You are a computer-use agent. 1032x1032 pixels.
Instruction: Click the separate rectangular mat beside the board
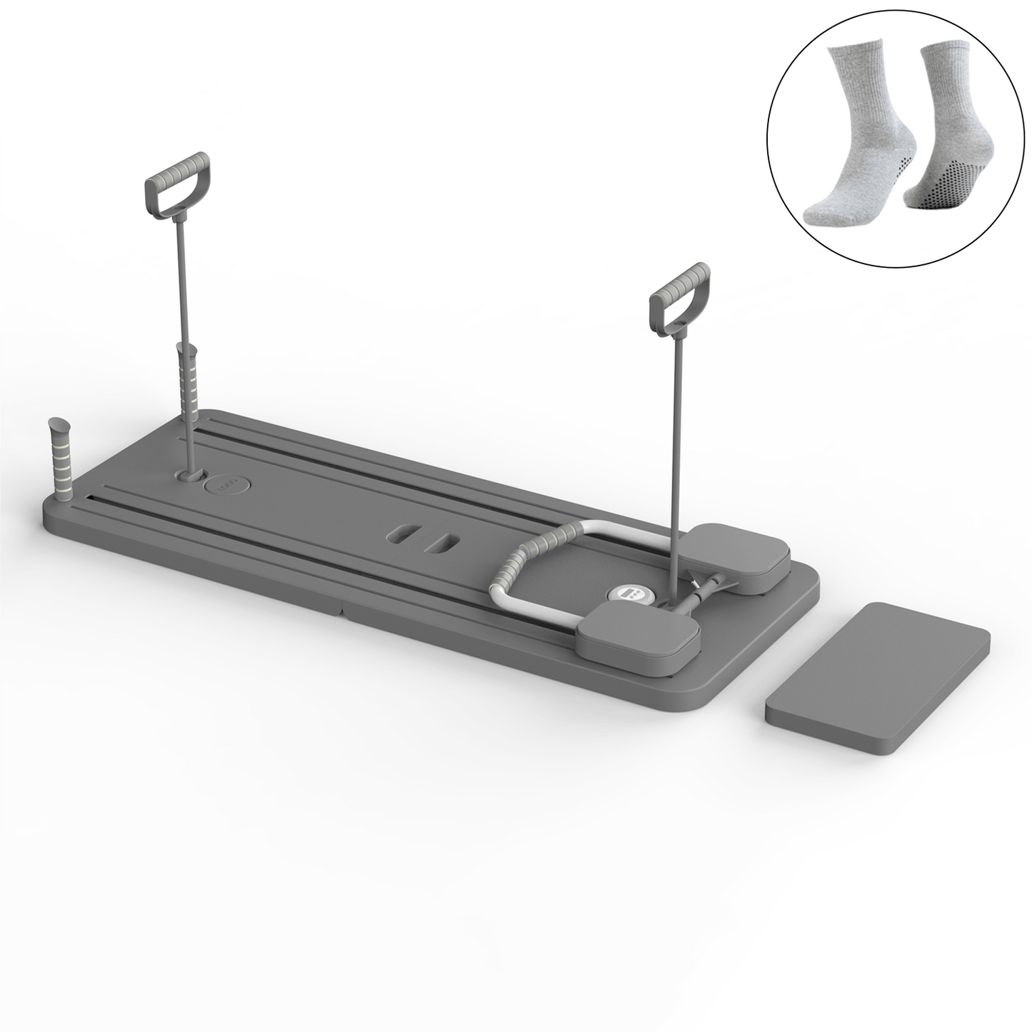coord(876,679)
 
